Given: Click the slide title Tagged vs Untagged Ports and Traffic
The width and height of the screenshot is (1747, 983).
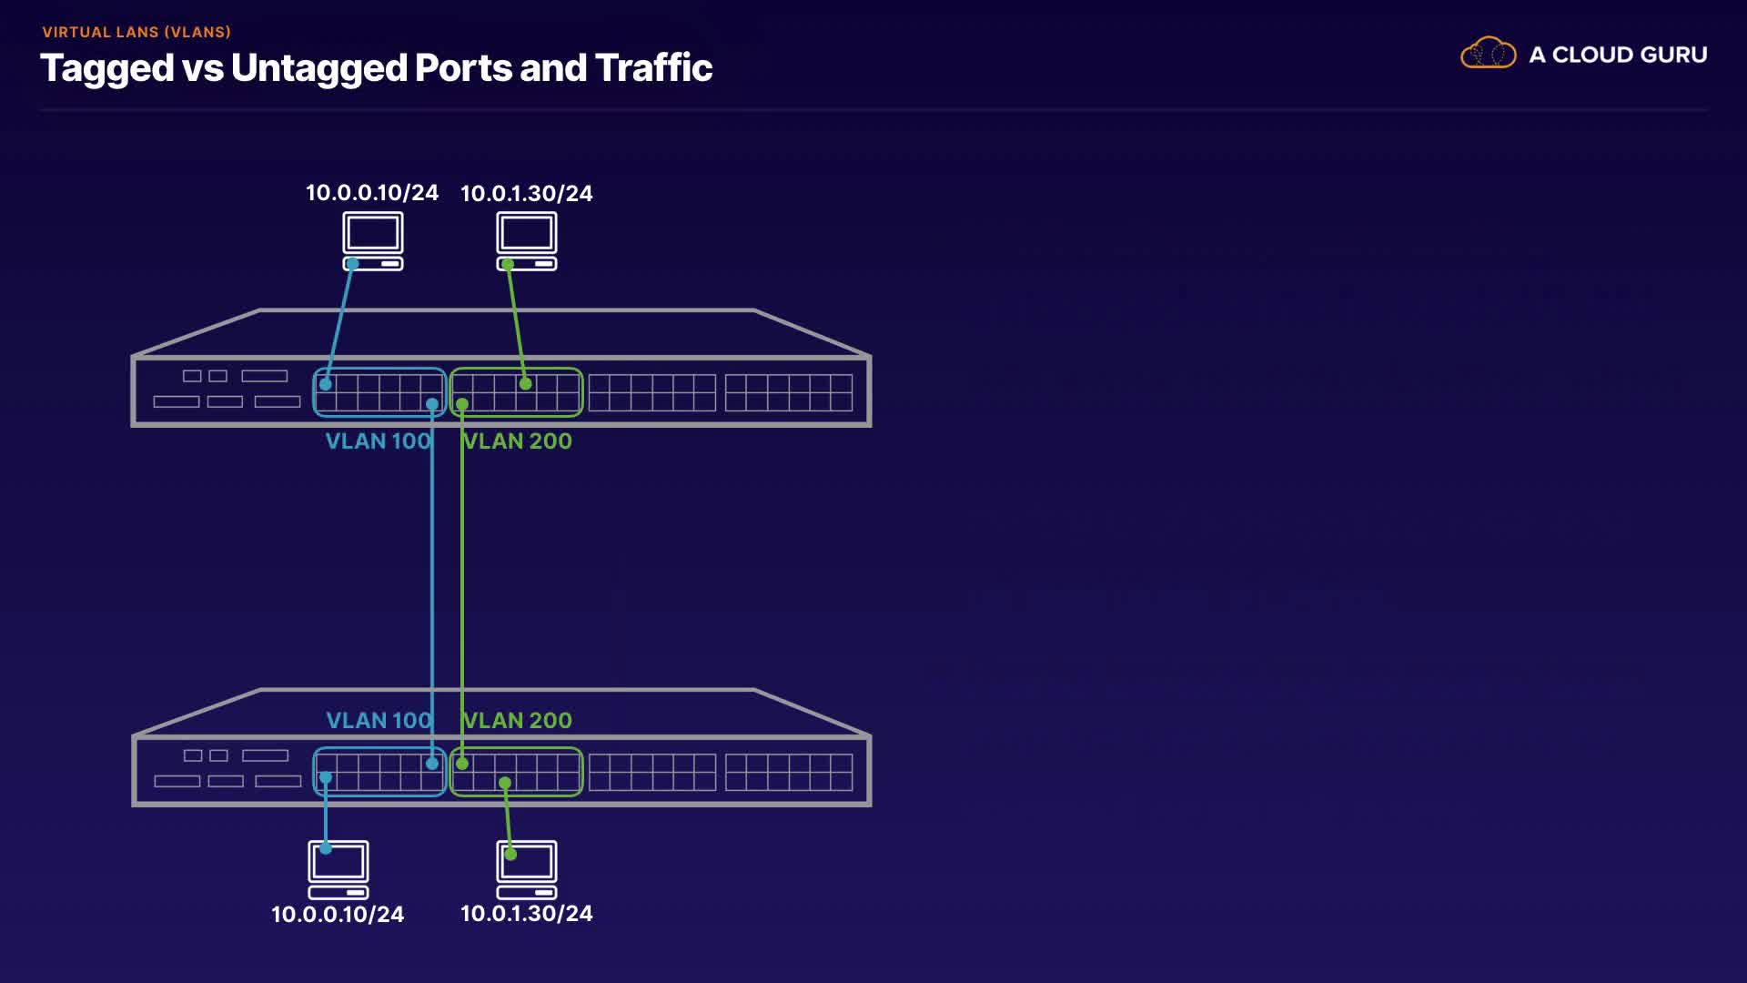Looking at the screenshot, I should pos(376,68).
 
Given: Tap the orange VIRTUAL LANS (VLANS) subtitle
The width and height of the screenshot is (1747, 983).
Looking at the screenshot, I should pos(136,32).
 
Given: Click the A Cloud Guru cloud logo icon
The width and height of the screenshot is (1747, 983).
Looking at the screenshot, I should pos(1488,53).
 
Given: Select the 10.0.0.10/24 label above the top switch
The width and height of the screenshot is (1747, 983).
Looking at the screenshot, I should pos(372,193).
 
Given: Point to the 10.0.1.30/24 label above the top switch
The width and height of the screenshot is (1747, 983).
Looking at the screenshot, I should pos(526,193).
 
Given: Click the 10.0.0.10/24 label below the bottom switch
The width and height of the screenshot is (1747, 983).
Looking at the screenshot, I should pos(338,914).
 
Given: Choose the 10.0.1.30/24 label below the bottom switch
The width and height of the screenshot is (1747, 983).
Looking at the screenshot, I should pos(526,913).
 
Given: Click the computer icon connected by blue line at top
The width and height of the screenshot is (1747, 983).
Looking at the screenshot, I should pos(373,239).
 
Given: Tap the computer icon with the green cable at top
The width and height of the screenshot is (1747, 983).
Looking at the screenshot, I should pos(527,239).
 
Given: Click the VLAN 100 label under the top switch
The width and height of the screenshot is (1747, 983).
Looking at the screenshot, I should pos(378,441).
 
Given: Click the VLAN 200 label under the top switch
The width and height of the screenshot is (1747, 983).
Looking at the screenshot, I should pos(518,441).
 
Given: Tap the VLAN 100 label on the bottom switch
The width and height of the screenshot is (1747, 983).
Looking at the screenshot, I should pos(378,721).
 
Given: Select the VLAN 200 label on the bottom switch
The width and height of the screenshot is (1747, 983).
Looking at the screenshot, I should pos(518,721).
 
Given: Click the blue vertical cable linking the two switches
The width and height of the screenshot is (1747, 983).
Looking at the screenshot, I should pos(432,583).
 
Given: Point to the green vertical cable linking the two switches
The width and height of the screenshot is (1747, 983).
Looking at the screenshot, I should pos(462,583).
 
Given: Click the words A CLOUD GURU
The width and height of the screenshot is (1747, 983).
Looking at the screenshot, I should pos(1618,55).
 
